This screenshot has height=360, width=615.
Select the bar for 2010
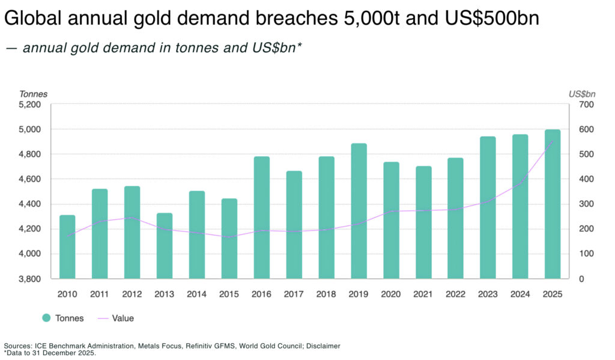tap(67, 246)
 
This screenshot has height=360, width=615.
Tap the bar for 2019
tap(359, 211)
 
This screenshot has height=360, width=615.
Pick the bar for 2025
tap(553, 204)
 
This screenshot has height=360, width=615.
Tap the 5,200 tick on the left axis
tap(29, 105)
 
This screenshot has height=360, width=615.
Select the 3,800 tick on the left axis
tap(29, 279)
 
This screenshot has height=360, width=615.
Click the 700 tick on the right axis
tap(586, 105)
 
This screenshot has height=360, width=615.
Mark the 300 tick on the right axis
tap(586, 204)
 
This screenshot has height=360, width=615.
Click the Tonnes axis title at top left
tap(33, 94)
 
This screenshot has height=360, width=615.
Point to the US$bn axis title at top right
tap(582, 94)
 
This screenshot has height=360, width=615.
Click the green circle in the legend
tap(46, 318)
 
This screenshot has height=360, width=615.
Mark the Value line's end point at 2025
tap(553, 141)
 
